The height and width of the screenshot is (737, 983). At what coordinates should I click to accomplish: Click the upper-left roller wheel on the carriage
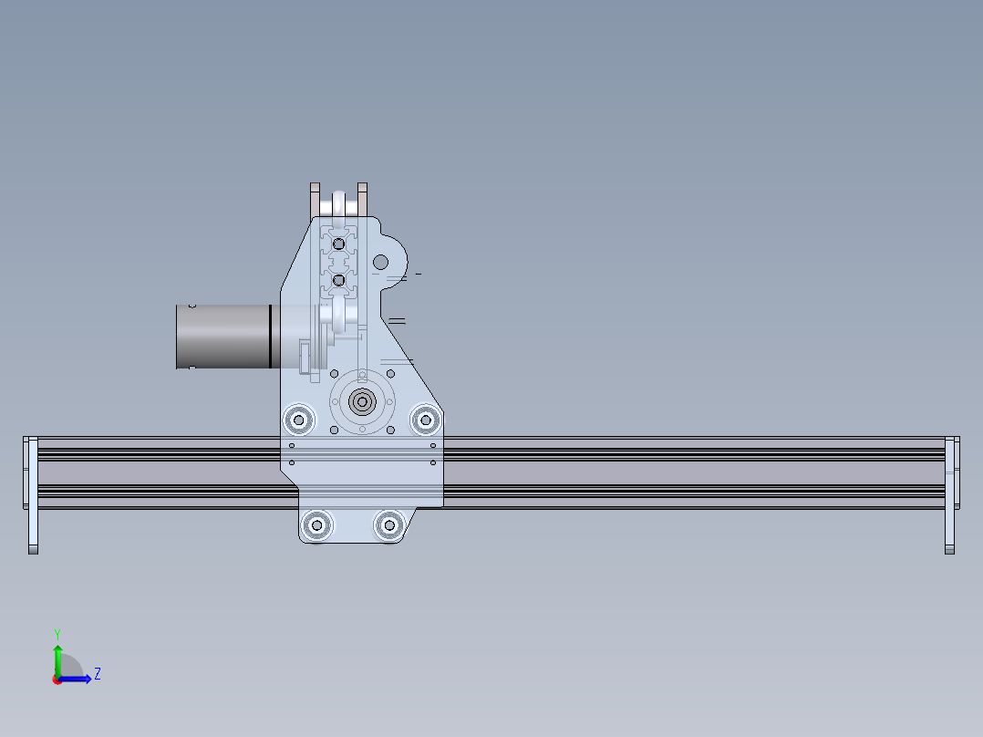[297, 420]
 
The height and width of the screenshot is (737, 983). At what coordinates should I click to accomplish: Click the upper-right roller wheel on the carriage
[424, 420]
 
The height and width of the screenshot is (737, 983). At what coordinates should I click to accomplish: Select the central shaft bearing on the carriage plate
[363, 401]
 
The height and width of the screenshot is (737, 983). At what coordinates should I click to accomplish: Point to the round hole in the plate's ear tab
[381, 263]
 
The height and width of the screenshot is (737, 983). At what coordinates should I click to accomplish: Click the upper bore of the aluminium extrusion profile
[338, 244]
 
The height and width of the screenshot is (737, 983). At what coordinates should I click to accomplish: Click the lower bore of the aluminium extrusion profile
[338, 279]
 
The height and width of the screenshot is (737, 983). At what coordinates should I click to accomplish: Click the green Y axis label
[57, 633]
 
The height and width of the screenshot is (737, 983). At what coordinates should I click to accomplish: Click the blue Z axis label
[97, 674]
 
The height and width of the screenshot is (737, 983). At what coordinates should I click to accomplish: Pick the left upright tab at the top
[316, 199]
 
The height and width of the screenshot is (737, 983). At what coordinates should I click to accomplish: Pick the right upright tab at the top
[362, 199]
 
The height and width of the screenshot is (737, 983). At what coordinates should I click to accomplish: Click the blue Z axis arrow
[80, 679]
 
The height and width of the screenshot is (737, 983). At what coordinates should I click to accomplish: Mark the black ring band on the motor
[271, 337]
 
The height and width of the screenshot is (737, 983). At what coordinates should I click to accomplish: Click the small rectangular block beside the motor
[305, 357]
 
